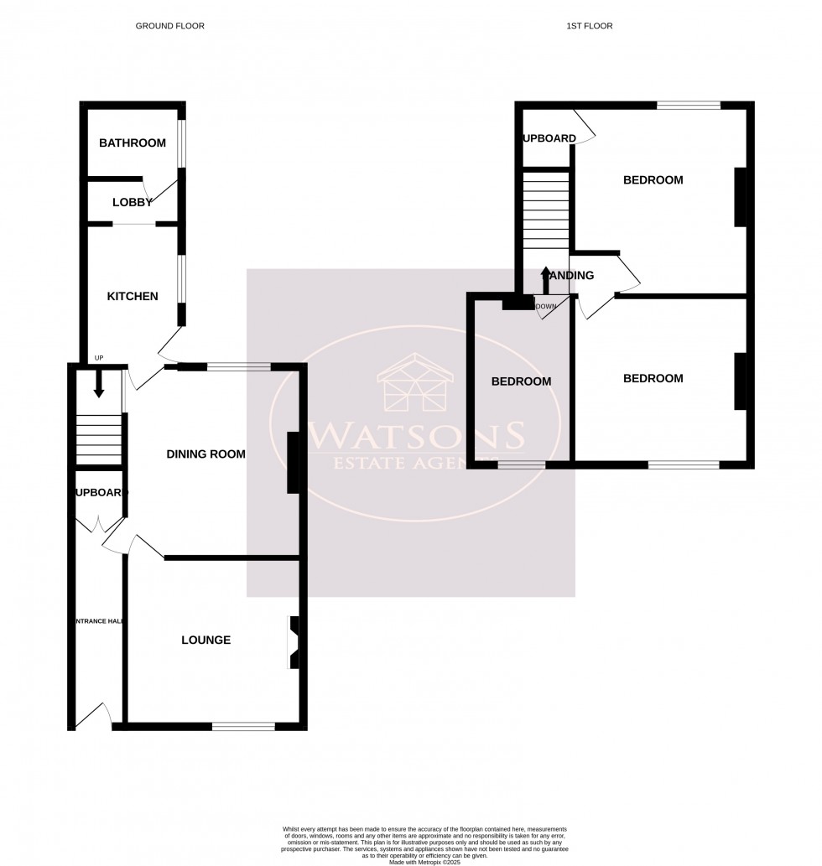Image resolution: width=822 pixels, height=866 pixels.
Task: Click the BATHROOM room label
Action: (133, 143)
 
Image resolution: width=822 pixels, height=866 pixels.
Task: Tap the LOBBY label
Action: (133, 202)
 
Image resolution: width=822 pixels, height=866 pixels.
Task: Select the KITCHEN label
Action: (133, 296)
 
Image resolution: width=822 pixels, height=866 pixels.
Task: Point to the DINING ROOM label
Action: (206, 454)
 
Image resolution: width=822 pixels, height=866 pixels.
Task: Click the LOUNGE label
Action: (206, 640)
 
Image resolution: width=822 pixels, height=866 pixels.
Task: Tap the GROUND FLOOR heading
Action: (170, 26)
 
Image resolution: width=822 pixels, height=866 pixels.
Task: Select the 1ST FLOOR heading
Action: (590, 26)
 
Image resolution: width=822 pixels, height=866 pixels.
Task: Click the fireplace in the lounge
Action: (294, 642)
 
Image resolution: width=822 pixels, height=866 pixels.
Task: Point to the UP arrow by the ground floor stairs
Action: (98, 386)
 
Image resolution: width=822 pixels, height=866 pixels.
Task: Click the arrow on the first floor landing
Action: (545, 277)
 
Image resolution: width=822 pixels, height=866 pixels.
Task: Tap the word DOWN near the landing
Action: (546, 306)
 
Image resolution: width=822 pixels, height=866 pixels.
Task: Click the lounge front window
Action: (243, 726)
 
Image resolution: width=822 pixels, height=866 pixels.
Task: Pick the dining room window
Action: (239, 366)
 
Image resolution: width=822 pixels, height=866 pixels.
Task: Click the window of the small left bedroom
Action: (521, 463)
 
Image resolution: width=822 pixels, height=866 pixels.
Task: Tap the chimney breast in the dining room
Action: (293, 463)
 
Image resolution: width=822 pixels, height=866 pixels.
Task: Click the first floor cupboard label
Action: (550, 138)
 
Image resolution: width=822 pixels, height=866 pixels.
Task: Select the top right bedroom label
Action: (653, 179)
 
